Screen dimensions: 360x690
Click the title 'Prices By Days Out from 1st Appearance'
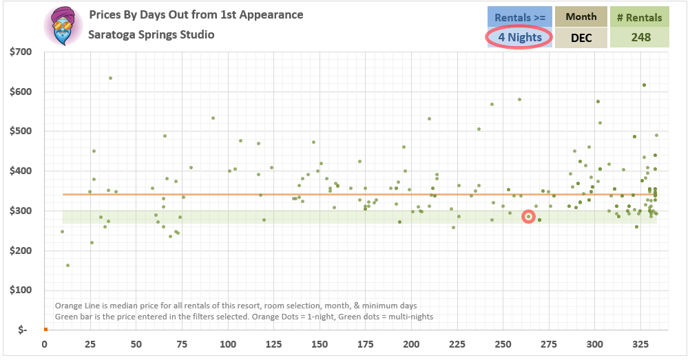point(196,14)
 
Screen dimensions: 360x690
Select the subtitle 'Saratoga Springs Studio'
point(151,34)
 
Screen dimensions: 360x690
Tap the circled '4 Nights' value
point(519,37)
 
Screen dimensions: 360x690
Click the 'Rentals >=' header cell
point(520,17)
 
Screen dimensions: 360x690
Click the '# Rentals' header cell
point(640,17)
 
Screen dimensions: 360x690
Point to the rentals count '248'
point(640,38)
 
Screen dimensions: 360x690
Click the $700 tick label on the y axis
point(21,52)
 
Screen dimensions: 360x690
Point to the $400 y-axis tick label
point(21,171)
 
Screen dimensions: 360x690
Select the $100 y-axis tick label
point(21,290)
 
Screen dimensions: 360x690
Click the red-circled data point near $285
point(528,216)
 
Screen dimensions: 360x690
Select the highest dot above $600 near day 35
point(110,78)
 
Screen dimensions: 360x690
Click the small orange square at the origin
point(45,329)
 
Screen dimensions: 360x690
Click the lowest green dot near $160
point(67,265)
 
